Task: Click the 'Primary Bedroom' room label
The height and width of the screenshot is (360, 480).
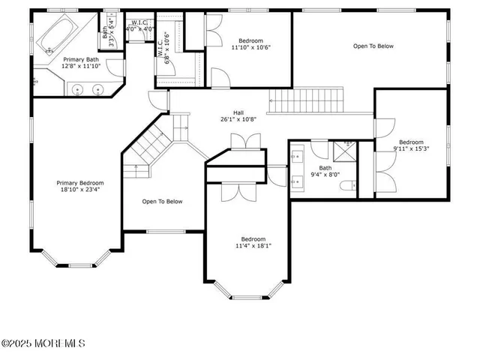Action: pyautogui.click(x=81, y=183)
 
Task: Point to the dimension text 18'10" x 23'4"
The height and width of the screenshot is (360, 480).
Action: pyautogui.click(x=81, y=190)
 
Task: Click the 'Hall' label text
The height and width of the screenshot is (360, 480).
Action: pyautogui.click(x=238, y=112)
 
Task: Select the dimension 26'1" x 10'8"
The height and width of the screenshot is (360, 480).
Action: pyautogui.click(x=238, y=119)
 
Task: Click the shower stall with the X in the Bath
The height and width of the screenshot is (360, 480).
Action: pyautogui.click(x=346, y=151)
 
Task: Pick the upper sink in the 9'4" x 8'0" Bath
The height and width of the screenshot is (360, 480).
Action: pyautogui.click(x=296, y=148)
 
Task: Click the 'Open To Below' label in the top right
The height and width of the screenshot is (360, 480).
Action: pyautogui.click(x=373, y=46)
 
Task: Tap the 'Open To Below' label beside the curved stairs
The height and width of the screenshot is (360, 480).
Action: pyautogui.click(x=162, y=201)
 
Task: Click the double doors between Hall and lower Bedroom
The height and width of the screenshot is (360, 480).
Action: pyautogui.click(x=239, y=141)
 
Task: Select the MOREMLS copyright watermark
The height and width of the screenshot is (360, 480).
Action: pyautogui.click(x=43, y=343)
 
